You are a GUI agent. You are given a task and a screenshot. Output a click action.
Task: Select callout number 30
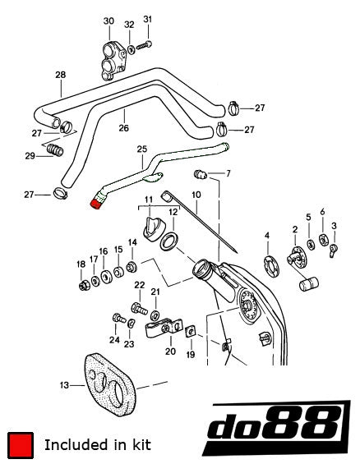click(108, 21)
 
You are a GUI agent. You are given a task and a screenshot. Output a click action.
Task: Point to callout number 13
click(65, 384)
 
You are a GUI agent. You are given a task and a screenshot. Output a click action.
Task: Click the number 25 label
click(141, 149)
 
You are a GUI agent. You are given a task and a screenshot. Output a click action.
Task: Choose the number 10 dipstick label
click(196, 195)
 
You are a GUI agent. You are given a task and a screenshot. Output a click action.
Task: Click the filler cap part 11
click(153, 229)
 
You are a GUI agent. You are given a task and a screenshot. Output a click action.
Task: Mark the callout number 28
click(60, 76)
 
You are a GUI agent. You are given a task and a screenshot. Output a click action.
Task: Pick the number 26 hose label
click(123, 128)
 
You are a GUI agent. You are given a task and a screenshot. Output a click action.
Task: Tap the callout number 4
click(267, 237)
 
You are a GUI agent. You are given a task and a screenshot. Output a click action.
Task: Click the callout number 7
click(228, 173)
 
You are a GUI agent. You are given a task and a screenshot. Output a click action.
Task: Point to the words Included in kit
click(97, 444)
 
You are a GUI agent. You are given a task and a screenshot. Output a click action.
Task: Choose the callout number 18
click(81, 264)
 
